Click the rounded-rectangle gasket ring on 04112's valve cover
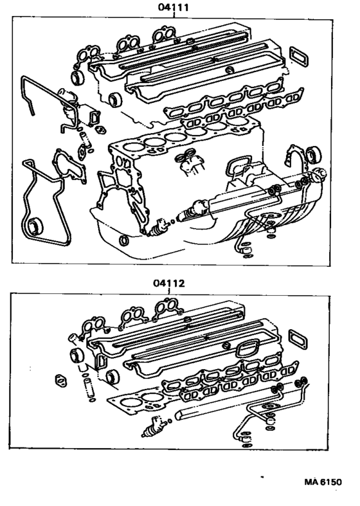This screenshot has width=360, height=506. (x=246, y=349)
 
